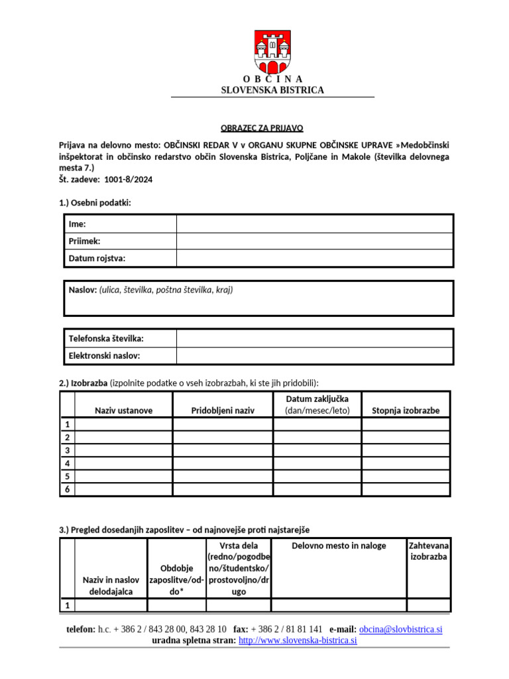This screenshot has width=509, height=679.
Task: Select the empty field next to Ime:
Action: (x=314, y=224)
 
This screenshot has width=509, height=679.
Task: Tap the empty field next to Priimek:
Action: (x=314, y=241)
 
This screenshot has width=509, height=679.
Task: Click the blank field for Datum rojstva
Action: (x=314, y=258)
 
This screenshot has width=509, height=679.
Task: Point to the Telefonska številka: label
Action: (x=106, y=338)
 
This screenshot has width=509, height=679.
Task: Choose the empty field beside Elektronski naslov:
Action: (x=314, y=355)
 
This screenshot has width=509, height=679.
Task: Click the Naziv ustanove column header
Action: (x=123, y=410)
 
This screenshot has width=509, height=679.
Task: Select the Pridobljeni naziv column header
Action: (x=223, y=410)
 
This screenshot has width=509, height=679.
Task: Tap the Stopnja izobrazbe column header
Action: (x=406, y=410)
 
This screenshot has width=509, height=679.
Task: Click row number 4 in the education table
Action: (x=67, y=463)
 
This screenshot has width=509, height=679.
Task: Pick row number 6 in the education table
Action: (x=67, y=489)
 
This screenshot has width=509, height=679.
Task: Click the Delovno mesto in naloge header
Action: (x=339, y=545)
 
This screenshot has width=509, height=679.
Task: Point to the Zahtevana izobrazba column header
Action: (x=428, y=551)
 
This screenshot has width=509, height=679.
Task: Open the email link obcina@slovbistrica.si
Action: (x=400, y=629)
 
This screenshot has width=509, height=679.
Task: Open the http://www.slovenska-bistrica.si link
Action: (x=298, y=640)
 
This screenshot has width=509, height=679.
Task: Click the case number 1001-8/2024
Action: (x=128, y=179)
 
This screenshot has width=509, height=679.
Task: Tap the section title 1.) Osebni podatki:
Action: (x=95, y=202)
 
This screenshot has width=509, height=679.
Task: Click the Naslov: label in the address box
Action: (x=83, y=290)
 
